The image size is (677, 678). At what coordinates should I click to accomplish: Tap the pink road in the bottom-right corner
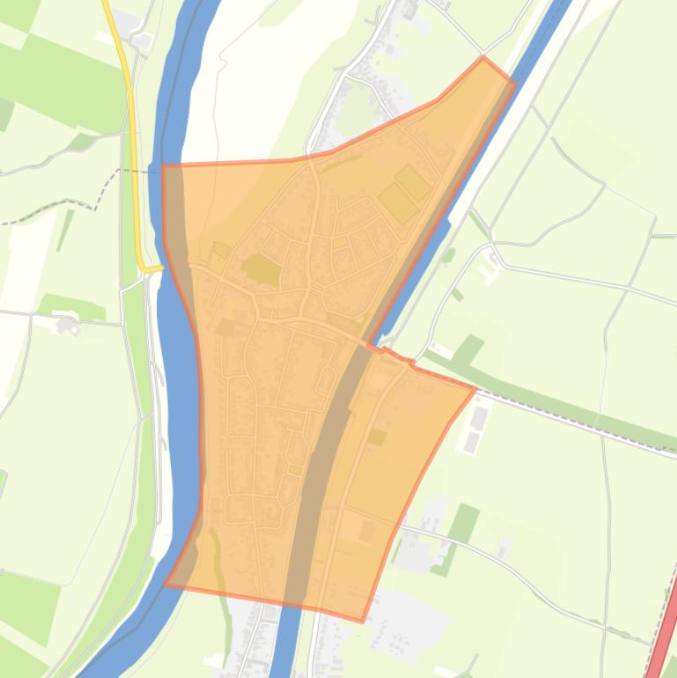pyautogui.click(x=663, y=644)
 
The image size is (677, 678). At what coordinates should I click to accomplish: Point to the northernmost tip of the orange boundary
pyautogui.click(x=483, y=57)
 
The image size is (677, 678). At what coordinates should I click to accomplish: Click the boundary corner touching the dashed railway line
pyautogui.click(x=475, y=388)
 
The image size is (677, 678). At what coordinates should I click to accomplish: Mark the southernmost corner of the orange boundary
pyautogui.click(x=362, y=621)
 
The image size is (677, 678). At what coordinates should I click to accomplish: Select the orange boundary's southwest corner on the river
pyautogui.click(x=166, y=584)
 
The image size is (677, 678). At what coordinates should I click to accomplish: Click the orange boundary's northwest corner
pyautogui.click(x=164, y=165)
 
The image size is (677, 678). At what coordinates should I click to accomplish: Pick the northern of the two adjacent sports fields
pyautogui.click(x=412, y=183)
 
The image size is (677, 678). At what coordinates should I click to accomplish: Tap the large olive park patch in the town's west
pyautogui.click(x=261, y=269)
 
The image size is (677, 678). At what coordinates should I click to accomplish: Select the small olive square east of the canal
pyautogui.click(x=376, y=437)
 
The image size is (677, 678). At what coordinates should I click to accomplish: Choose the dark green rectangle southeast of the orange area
pyautogui.click(x=464, y=523)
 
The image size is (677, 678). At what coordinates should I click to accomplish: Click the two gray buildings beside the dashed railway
pyautogui.click(x=475, y=429)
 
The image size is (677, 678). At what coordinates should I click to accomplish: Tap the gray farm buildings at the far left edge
pyautogui.click(x=67, y=326)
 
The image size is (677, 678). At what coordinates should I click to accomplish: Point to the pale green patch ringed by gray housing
pyautogui.click(x=357, y=110)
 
